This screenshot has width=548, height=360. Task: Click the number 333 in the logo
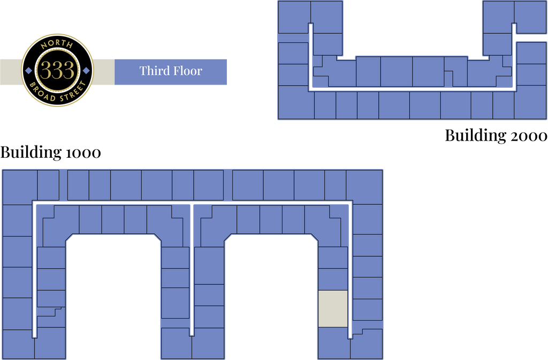coord(57,71)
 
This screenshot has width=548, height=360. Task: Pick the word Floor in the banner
coord(188,71)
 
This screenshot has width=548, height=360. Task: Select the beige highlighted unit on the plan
coord(333,309)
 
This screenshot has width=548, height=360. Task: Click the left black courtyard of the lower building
coord(113,300)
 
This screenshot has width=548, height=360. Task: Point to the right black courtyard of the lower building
coord(271,300)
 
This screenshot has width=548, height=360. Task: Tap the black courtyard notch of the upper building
coord(412,27)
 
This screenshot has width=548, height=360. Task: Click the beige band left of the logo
coord(10,72)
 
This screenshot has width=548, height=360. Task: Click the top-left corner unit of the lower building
coord(20,185)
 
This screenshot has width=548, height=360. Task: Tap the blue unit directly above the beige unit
coord(333,279)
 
